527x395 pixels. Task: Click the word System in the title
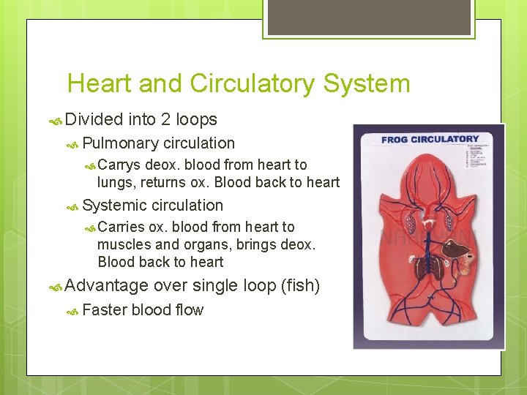click(367, 83)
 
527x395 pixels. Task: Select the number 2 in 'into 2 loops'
click(166, 119)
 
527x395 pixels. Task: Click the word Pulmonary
click(121, 143)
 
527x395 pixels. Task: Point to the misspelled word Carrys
click(120, 165)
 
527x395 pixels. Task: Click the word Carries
click(122, 227)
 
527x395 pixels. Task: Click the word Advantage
click(106, 285)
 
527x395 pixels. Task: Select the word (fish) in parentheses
click(300, 285)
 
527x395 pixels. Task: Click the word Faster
click(105, 310)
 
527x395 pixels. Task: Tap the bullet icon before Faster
click(72, 311)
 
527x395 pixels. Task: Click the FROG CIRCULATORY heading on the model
click(430, 139)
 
